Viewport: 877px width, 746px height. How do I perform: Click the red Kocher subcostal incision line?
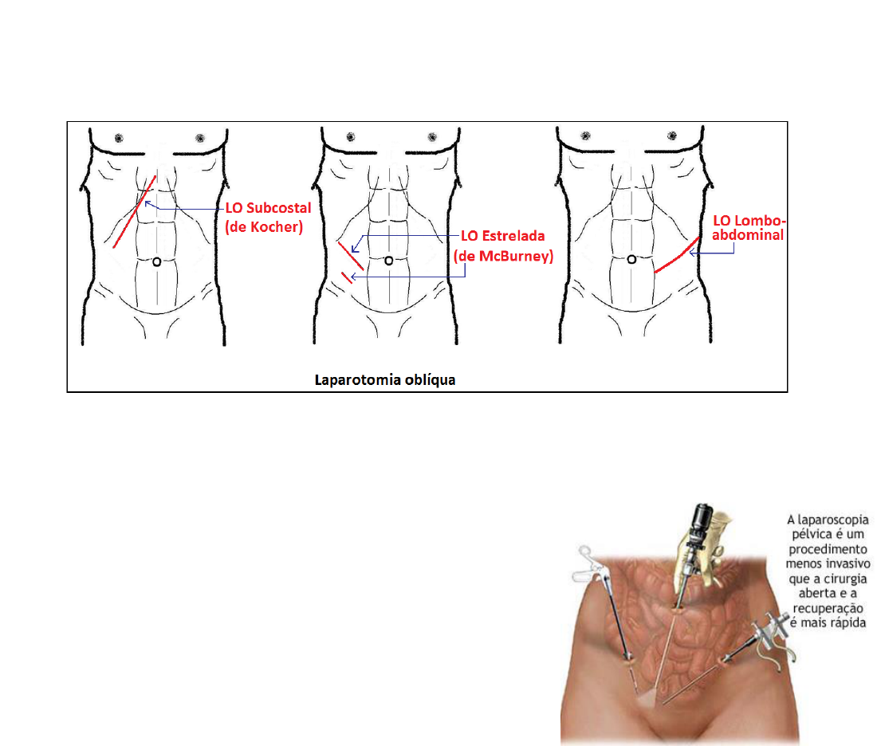click(x=135, y=211)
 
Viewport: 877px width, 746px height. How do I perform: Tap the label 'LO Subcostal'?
click(x=268, y=208)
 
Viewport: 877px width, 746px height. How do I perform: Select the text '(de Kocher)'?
click(x=264, y=227)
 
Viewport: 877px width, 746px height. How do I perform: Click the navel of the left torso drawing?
click(x=156, y=261)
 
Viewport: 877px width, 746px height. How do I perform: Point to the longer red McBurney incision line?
click(x=351, y=256)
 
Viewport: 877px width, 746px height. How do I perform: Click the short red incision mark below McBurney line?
click(x=347, y=277)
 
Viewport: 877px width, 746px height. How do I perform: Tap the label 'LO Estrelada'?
click(x=502, y=236)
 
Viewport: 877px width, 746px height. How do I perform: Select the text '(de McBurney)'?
click(x=503, y=256)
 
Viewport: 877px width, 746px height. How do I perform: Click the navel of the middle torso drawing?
click(x=389, y=261)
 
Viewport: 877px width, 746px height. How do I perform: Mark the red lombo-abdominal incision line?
click(x=678, y=256)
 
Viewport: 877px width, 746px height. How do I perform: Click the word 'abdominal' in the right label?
click(x=748, y=235)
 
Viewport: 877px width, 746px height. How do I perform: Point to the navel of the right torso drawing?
click(x=631, y=260)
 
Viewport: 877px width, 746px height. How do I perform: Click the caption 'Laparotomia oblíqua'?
click(x=385, y=379)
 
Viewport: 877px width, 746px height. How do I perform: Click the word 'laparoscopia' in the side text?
click(x=833, y=520)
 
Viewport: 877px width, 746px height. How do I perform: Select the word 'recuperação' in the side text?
click(x=829, y=608)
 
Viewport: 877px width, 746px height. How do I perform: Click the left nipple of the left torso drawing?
click(x=119, y=138)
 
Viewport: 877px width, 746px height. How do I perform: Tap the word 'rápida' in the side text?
click(x=848, y=623)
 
